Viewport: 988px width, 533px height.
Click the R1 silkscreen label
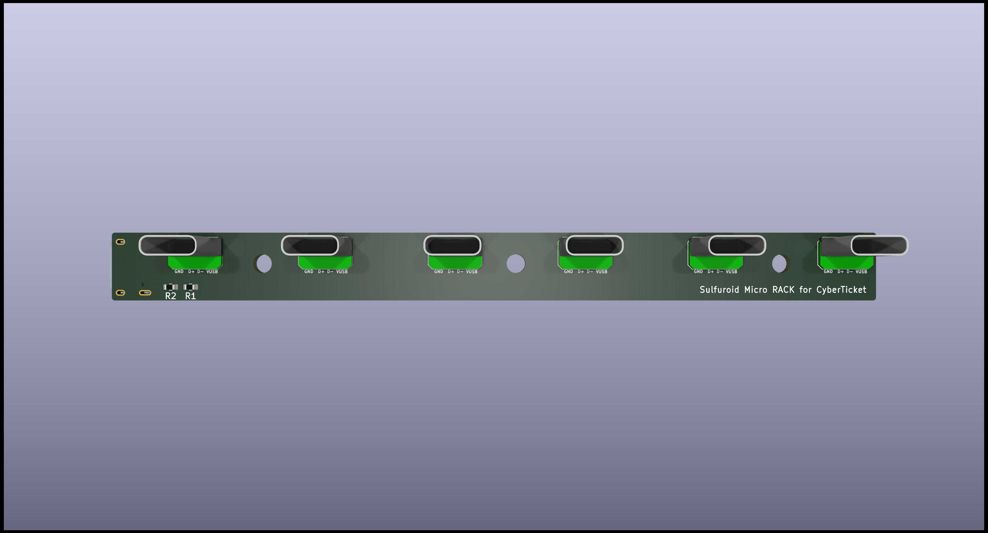click(x=190, y=296)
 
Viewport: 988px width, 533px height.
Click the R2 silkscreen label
click(x=170, y=296)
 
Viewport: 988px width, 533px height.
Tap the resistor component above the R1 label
click(x=190, y=287)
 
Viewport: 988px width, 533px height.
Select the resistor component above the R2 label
click(x=171, y=287)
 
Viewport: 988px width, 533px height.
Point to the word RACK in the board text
click(x=783, y=290)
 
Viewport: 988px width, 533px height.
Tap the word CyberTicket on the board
click(x=841, y=290)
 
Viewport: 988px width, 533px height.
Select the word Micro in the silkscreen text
click(x=756, y=290)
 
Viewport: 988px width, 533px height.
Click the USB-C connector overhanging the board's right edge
click(x=879, y=246)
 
